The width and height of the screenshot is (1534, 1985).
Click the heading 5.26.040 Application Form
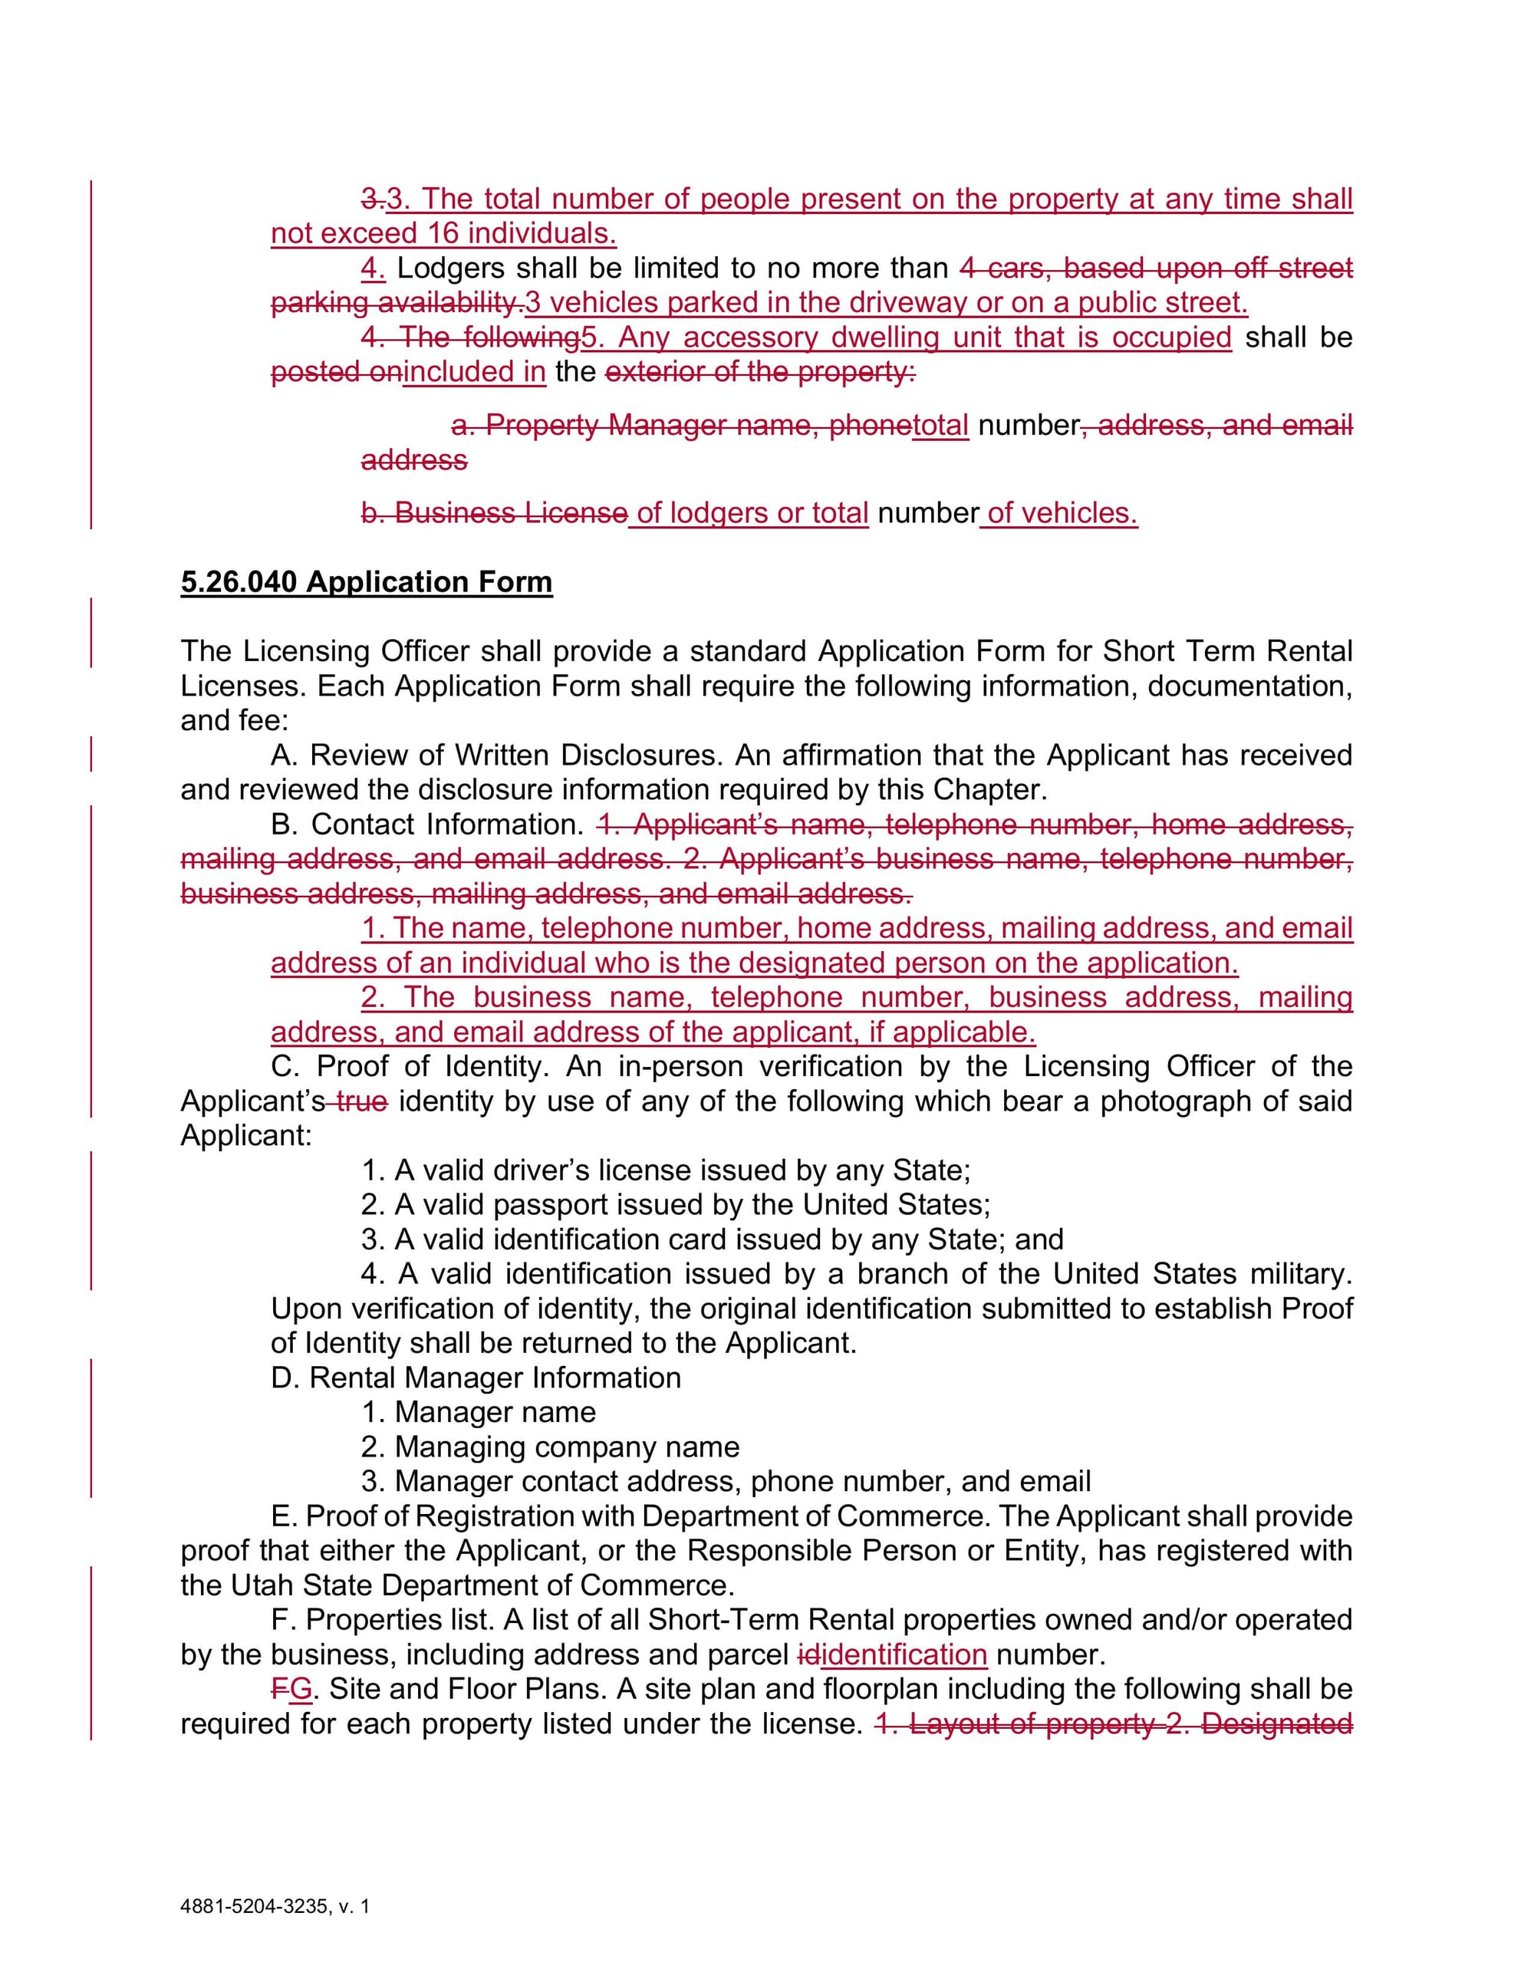point(366,581)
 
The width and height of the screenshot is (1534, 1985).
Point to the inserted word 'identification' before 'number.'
point(904,1654)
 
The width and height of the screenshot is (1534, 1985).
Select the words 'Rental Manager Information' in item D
point(495,1378)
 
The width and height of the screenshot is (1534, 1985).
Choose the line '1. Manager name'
point(479,1412)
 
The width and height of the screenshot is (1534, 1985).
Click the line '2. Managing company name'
point(550,1447)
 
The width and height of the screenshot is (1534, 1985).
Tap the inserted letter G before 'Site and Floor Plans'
point(301,1689)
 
